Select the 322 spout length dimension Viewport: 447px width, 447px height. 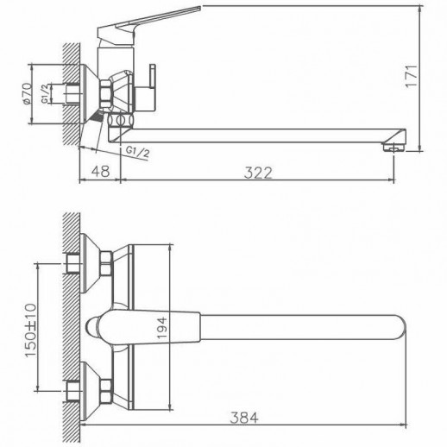point(257,172)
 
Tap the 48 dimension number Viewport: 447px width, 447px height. point(99,172)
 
